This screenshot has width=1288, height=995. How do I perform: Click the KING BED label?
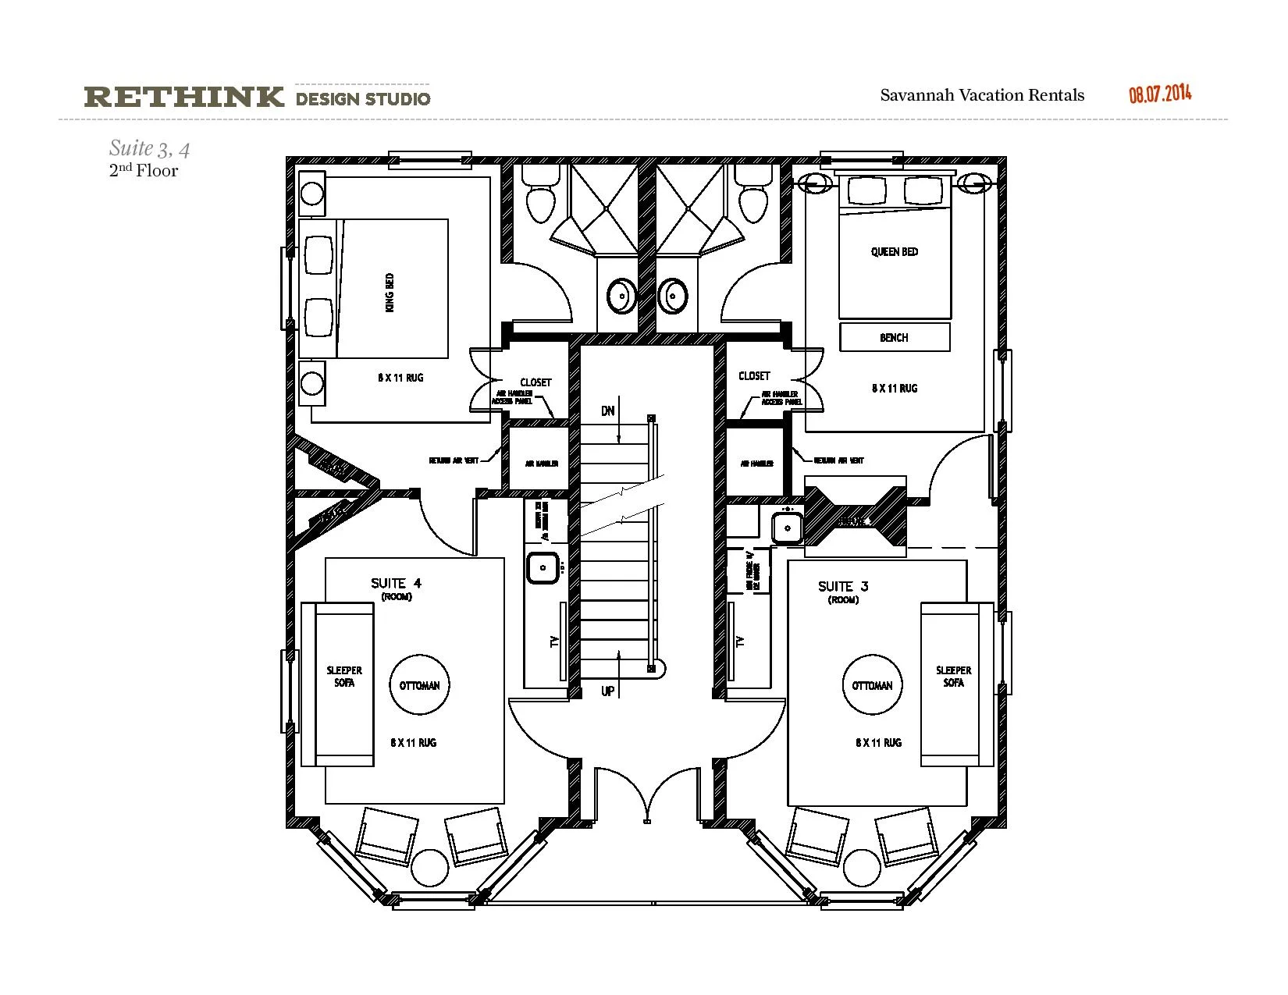click(390, 292)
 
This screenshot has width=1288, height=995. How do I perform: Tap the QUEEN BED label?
click(894, 252)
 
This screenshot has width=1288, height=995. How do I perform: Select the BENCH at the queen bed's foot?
click(894, 337)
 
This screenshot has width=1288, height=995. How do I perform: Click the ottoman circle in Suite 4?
click(419, 685)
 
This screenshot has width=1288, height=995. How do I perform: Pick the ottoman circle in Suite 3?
click(872, 685)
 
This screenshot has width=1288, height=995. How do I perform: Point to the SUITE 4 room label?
click(396, 583)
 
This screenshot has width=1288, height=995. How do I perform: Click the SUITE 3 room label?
click(843, 586)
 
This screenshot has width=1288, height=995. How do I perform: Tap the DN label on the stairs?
click(607, 411)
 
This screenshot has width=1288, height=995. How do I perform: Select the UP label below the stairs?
click(607, 691)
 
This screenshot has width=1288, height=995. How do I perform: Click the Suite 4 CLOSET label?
click(535, 382)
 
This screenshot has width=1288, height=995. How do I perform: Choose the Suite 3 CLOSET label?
click(754, 376)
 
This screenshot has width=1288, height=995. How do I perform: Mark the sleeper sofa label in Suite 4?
click(344, 676)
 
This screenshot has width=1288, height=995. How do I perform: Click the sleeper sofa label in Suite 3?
click(953, 676)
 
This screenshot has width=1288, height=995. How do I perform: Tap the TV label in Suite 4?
click(555, 641)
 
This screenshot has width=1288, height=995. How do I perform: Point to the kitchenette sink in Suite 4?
click(543, 567)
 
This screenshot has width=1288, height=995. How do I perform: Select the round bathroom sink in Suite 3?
click(672, 296)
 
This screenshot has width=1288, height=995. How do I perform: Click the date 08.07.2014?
click(1160, 94)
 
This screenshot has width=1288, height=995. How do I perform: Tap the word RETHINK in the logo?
click(183, 98)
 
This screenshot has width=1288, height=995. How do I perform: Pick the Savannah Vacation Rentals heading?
click(982, 95)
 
